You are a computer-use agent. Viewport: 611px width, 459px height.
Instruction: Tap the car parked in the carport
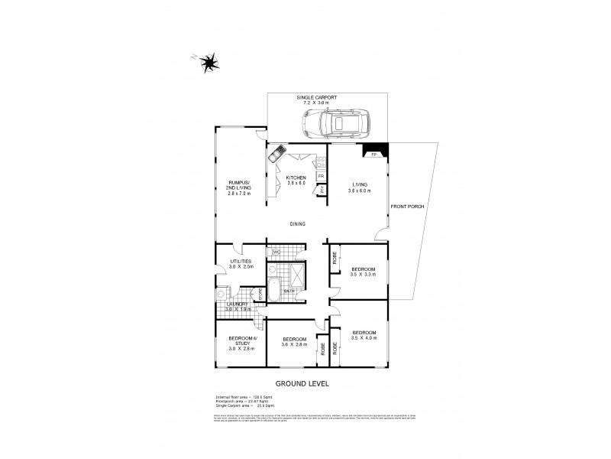(335, 122)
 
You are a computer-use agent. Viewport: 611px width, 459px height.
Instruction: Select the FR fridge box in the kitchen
(322, 175)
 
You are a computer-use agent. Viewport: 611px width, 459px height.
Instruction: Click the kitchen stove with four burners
(322, 161)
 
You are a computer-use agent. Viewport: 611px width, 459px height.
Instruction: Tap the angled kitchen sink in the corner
(276, 153)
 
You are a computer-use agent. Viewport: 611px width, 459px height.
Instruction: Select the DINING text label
(298, 224)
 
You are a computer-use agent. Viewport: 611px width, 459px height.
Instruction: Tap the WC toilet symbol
(276, 251)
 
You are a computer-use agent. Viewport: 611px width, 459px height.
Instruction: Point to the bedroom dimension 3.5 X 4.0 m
(364, 338)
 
